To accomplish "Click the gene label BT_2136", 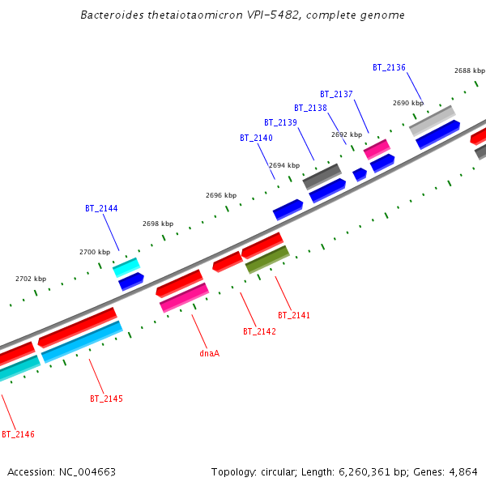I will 389,67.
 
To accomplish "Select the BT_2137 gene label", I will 336,94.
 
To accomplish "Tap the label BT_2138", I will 310,108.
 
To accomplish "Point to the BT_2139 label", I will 281,122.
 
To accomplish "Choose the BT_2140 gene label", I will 256,138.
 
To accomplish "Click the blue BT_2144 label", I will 101,208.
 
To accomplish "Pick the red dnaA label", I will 210,353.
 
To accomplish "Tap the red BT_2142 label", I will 259,331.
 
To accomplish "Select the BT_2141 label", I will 294,315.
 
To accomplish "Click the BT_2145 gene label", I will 106,399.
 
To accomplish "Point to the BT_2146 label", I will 18,434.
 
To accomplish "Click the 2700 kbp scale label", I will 94,252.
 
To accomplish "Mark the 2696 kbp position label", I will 221,195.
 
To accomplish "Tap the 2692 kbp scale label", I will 346,134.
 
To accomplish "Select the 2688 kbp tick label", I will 469,70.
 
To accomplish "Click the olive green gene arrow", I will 267,259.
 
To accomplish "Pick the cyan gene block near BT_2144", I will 126,266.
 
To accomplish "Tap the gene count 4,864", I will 462,471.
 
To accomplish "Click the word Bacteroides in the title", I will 113,15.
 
